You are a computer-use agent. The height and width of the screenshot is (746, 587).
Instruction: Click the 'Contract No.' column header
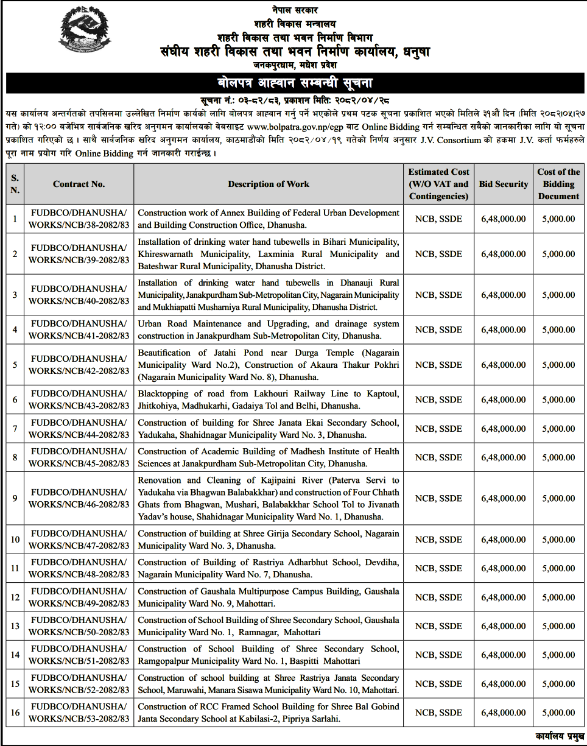coord(79,184)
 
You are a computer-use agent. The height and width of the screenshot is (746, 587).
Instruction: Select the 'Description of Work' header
coord(269,184)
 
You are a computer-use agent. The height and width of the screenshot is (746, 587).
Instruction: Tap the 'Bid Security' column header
coord(503,184)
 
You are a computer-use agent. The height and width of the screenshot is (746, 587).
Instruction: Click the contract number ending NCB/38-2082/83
coord(79,219)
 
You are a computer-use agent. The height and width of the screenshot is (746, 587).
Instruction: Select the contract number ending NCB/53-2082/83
coord(79,713)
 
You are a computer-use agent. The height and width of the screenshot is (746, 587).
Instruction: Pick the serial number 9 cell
coord(15,498)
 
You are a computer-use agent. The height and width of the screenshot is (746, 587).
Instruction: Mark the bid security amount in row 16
coord(503,713)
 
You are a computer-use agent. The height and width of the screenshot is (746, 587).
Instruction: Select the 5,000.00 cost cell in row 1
coord(558,219)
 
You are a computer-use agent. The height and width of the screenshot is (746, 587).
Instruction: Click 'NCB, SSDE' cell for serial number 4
coord(438,329)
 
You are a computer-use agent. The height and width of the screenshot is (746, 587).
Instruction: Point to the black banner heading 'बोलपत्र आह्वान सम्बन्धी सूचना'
coord(294,82)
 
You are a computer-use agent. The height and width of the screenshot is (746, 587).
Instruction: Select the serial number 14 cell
coord(15,655)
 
